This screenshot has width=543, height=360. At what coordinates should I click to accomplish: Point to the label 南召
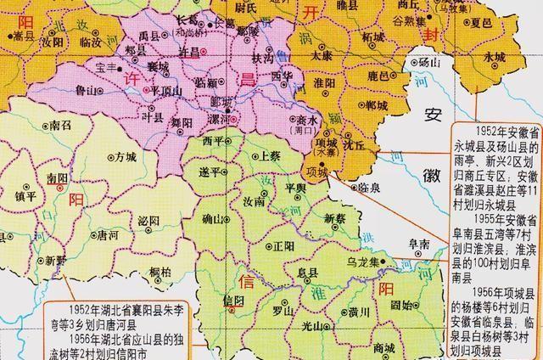pos(61,124)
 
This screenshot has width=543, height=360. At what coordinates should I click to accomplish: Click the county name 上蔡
pos(270,157)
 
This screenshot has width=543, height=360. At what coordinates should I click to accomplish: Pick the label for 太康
pos(322,53)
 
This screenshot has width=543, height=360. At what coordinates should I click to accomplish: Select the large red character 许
pos(133,76)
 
